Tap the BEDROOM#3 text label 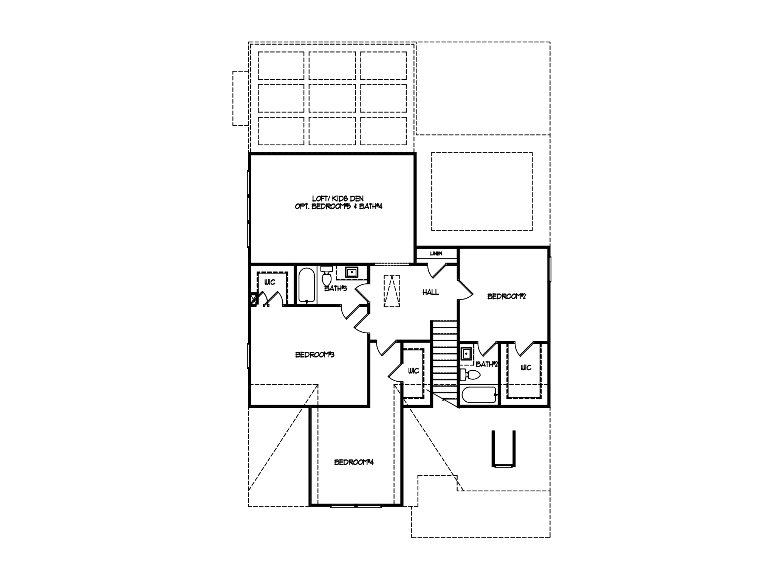click(x=315, y=355)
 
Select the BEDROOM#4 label click(x=354, y=462)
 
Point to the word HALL click(x=430, y=292)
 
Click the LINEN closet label click(x=436, y=253)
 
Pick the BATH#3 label click(x=336, y=289)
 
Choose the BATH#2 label click(x=487, y=364)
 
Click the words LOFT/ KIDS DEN click(x=338, y=199)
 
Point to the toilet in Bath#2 click(x=470, y=375)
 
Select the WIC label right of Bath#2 click(x=526, y=367)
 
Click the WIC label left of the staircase click(x=413, y=371)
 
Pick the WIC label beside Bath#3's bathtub click(x=270, y=282)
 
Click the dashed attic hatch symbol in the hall click(x=392, y=291)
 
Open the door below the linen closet click(x=437, y=269)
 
